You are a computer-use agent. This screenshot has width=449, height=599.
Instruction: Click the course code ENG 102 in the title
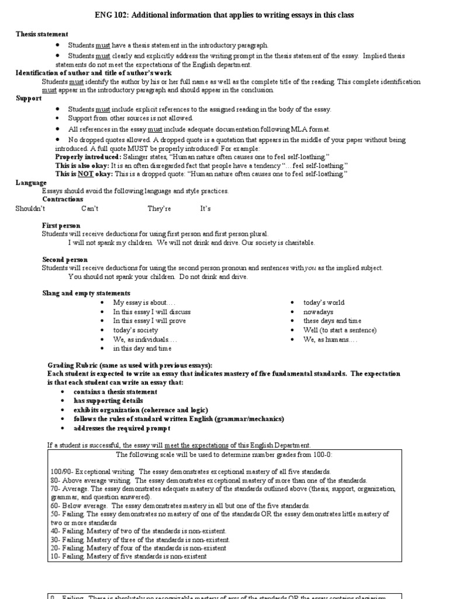[108, 14]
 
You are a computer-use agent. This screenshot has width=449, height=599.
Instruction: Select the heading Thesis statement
[42, 35]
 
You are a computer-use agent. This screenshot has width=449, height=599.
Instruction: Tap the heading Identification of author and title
[94, 73]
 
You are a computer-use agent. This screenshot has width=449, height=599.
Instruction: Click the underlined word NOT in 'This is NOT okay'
[85, 174]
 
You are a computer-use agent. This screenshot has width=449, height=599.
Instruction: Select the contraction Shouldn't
[30, 208]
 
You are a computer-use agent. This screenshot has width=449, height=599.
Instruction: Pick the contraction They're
[159, 208]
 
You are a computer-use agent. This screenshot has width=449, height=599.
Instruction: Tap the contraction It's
[206, 208]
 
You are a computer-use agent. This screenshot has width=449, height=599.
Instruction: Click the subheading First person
[61, 225]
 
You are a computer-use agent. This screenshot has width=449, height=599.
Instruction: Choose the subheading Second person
[65, 259]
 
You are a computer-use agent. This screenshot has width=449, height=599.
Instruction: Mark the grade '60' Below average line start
[55, 505]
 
